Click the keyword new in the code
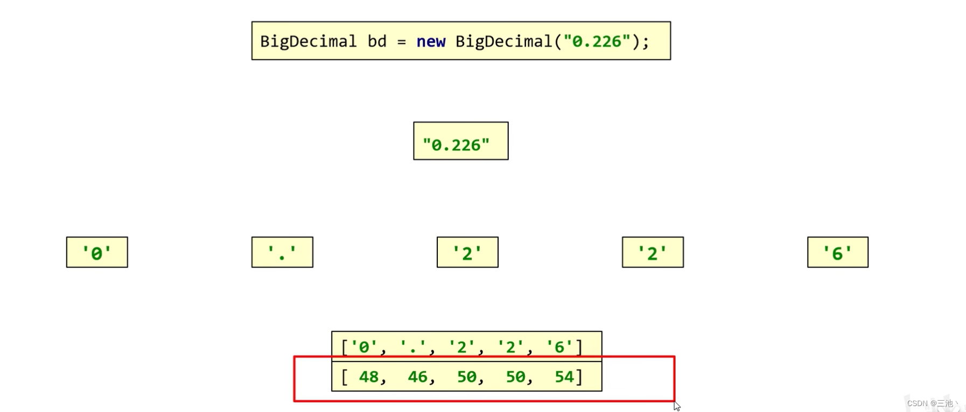431,41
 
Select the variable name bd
377,41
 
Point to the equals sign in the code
402,42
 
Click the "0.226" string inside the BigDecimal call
597,41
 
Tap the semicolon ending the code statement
645,42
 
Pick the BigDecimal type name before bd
308,41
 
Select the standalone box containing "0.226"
460,141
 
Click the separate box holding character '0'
97,252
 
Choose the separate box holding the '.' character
282,252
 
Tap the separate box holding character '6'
837,252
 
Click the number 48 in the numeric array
369,376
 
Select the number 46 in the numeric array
418,376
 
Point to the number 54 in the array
564,376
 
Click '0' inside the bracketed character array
364,347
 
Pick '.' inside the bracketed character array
413,347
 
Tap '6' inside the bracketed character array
559,347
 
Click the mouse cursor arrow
677,406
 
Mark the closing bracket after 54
579,376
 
